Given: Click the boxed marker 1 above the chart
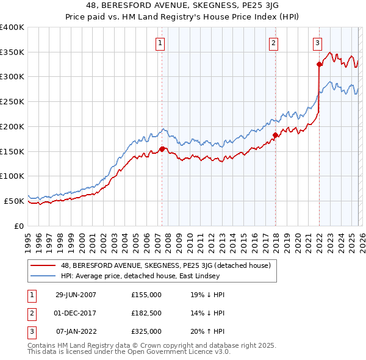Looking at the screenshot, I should [x=160, y=43].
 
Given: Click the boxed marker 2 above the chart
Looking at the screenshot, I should [x=273, y=43].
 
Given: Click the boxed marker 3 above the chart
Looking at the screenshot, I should [x=318, y=43].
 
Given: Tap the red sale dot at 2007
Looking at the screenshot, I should [x=162, y=149].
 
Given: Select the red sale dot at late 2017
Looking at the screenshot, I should [x=275, y=135].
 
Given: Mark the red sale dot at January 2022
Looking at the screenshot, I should [x=319, y=64].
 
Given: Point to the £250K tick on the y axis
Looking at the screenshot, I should [x=12, y=102].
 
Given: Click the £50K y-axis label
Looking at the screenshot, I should [x=14, y=201].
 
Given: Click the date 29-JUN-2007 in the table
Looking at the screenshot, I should [x=76, y=294].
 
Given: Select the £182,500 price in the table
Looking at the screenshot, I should [x=146, y=313].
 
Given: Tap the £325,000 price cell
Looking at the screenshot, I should [x=146, y=331].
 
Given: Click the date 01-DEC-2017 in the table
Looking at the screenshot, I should [x=76, y=313].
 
